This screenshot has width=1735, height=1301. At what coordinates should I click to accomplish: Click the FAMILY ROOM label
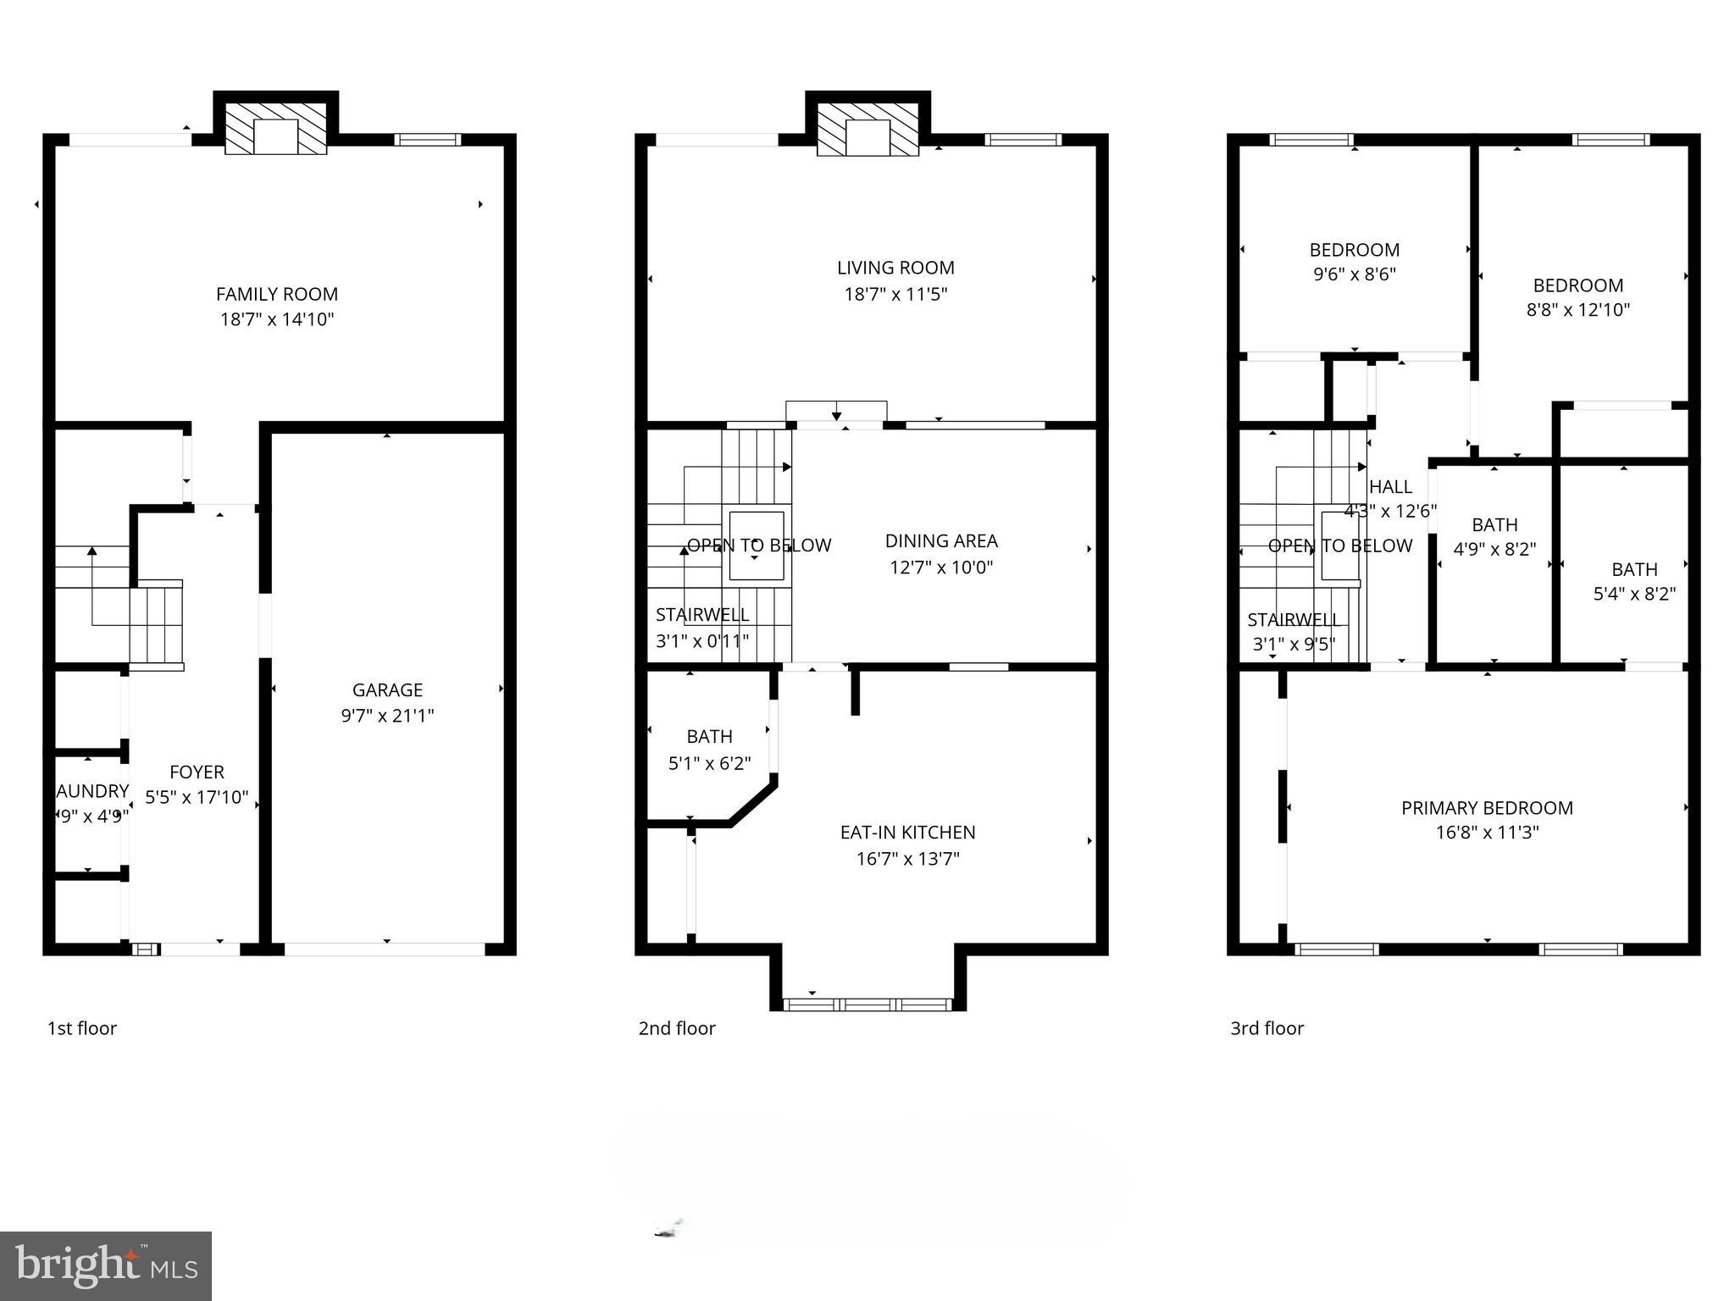click(276, 294)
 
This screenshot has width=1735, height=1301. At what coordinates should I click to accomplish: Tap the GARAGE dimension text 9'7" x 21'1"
click(387, 716)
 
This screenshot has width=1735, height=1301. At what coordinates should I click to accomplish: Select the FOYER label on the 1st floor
click(197, 772)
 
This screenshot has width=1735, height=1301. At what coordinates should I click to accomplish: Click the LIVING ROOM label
click(895, 268)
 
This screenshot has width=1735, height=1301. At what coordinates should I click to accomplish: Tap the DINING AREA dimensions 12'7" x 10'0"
click(941, 567)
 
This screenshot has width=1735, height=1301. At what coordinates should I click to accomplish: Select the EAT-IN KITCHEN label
click(907, 833)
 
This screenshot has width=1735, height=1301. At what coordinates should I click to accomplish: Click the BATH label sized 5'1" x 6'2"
click(709, 737)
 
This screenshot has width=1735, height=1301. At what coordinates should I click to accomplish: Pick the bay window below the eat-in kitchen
click(867, 1005)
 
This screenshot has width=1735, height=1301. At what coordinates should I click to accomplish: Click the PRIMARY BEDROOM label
click(1487, 808)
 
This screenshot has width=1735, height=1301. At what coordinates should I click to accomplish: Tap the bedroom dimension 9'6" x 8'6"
click(1354, 274)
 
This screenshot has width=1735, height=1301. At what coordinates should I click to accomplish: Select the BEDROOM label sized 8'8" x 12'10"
click(1577, 285)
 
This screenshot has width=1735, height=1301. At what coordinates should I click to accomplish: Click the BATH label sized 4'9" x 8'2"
click(1494, 525)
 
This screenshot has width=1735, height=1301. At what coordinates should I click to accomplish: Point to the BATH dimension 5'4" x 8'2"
click(1634, 594)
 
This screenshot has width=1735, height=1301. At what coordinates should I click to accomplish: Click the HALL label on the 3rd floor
click(1390, 487)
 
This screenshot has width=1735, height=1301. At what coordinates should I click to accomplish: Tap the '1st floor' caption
click(81, 1028)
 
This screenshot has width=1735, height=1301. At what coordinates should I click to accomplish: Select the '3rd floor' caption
click(1267, 1028)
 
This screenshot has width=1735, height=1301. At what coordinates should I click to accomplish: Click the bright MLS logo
click(105, 1265)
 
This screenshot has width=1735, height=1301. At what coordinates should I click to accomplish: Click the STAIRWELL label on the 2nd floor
click(701, 615)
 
